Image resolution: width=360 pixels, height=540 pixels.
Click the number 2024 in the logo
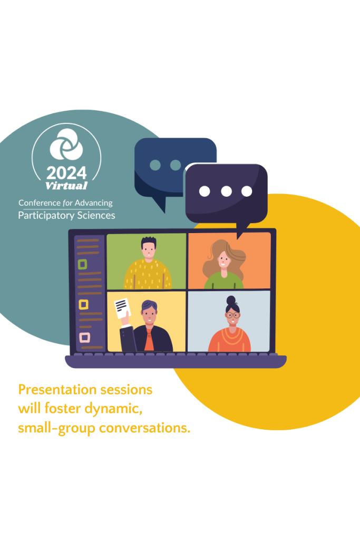click(x=66, y=173)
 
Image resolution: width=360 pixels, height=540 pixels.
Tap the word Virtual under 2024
click(x=66, y=186)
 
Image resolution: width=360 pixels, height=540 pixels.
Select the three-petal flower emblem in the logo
click(x=66, y=144)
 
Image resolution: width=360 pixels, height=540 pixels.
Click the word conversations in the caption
click(x=144, y=428)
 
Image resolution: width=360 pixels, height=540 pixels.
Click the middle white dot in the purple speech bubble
click(x=226, y=191)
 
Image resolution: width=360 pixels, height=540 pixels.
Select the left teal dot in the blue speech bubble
click(x=155, y=165)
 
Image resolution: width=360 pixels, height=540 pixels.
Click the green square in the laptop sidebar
click(x=82, y=265)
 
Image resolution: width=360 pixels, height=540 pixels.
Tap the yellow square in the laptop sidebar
click(x=84, y=305)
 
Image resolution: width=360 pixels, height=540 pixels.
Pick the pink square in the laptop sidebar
click(x=85, y=337)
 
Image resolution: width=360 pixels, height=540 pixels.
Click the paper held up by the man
click(x=122, y=308)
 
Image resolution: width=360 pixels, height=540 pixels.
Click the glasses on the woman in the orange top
click(x=233, y=315)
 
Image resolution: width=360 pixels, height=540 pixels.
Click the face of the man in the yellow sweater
click(x=149, y=250)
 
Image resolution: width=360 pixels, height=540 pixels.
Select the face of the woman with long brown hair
click(x=223, y=260)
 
